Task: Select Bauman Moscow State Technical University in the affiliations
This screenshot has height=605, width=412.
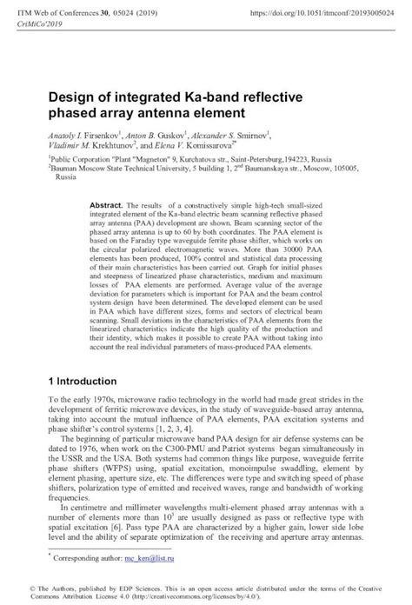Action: pos(123,170)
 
